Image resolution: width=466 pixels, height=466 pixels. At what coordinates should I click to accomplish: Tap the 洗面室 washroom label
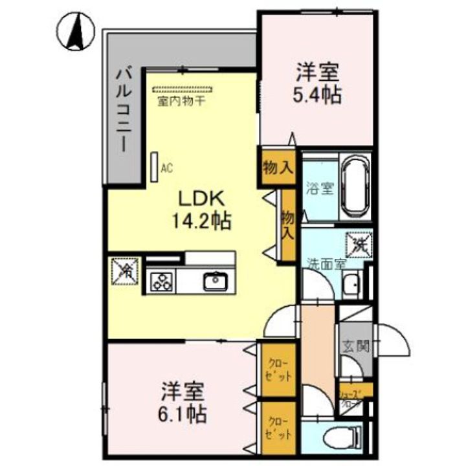(x=326, y=263)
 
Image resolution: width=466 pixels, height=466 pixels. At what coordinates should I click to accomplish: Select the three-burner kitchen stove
(x=161, y=282)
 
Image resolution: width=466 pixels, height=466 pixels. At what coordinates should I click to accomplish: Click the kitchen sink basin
(x=213, y=282)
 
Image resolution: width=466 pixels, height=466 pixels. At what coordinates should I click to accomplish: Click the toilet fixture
(x=343, y=437)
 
